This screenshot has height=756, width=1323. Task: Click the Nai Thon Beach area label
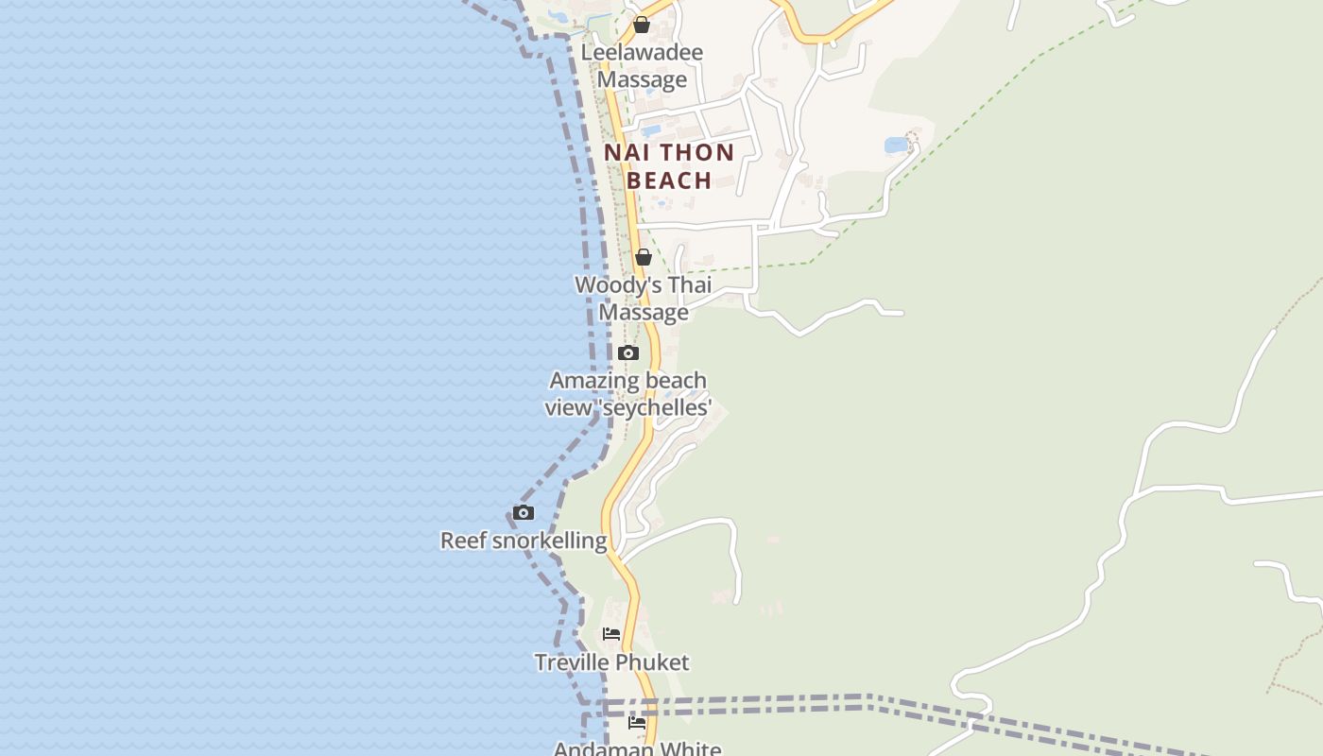[669, 166]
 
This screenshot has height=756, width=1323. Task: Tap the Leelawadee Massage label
[642, 65]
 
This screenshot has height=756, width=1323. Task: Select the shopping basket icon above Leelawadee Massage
[642, 25]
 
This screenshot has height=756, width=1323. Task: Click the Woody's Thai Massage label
[644, 299]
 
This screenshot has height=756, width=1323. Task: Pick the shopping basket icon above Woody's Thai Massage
[644, 257]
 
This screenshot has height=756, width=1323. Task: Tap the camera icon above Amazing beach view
[628, 353]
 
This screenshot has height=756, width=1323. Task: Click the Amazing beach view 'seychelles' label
[628, 394]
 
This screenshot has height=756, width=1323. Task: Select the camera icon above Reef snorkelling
[524, 513]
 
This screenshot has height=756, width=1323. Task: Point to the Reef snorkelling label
[524, 541]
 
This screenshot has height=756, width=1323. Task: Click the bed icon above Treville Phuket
[611, 634]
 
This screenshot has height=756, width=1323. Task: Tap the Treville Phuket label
[611, 662]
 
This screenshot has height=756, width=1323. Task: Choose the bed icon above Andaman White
[637, 723]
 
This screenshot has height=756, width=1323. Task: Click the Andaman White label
[637, 748]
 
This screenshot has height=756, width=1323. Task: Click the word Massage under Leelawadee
[642, 79]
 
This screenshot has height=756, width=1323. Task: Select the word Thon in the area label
[696, 153]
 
